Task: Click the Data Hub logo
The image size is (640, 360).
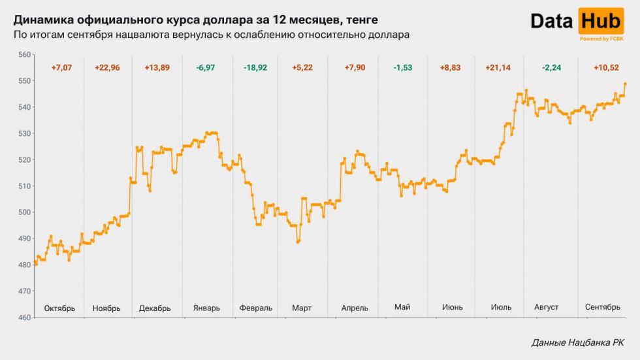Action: click(576, 22)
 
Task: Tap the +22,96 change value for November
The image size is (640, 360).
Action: click(108, 68)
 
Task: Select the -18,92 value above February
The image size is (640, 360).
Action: click(255, 68)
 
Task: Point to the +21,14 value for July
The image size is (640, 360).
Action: click(498, 68)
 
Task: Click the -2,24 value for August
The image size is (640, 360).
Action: click(547, 68)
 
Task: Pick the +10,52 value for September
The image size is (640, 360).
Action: click(607, 68)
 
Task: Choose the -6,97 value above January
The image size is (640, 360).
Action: click(207, 68)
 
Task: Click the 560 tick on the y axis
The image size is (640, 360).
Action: click(24, 54)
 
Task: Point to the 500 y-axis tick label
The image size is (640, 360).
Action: click(24, 212)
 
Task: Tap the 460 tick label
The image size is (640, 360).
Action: click(24, 318)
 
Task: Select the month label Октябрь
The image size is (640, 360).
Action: click(59, 308)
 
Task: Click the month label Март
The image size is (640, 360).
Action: click(302, 308)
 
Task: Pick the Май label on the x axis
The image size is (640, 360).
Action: click(402, 307)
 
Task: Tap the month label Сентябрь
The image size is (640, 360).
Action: click(603, 307)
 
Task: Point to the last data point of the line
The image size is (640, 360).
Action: click(625, 84)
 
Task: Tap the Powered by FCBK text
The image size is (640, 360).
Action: click(601, 39)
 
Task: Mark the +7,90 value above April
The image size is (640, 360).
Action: click(353, 68)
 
